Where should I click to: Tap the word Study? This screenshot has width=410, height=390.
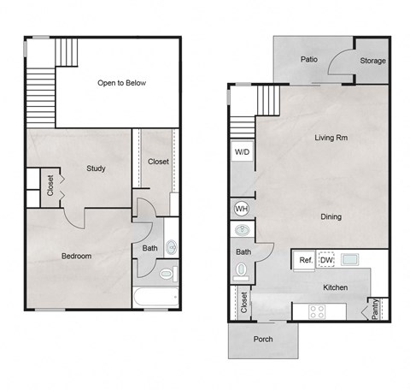click(96, 168)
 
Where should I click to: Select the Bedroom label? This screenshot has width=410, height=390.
click(76, 256)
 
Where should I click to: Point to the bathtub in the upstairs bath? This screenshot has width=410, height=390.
click(155, 297)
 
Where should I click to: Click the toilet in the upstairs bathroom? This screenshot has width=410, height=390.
click(167, 275)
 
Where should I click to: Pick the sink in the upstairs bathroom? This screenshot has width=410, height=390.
click(172, 248)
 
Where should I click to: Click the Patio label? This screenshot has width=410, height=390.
click(309, 60)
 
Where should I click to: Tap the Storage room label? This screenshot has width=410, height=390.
click(372, 61)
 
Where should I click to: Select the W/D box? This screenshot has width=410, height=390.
click(243, 153)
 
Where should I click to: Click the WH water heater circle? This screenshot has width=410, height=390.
click(241, 208)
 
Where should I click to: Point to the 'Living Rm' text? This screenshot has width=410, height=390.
click(330, 137)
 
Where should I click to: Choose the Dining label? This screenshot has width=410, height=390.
click(330, 216)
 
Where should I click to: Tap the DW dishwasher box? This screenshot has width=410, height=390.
click(326, 260)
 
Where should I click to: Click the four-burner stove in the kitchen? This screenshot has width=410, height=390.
click(315, 311)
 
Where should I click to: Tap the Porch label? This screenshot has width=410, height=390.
click(264, 340)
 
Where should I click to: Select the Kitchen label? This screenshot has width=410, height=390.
click(335, 288)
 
